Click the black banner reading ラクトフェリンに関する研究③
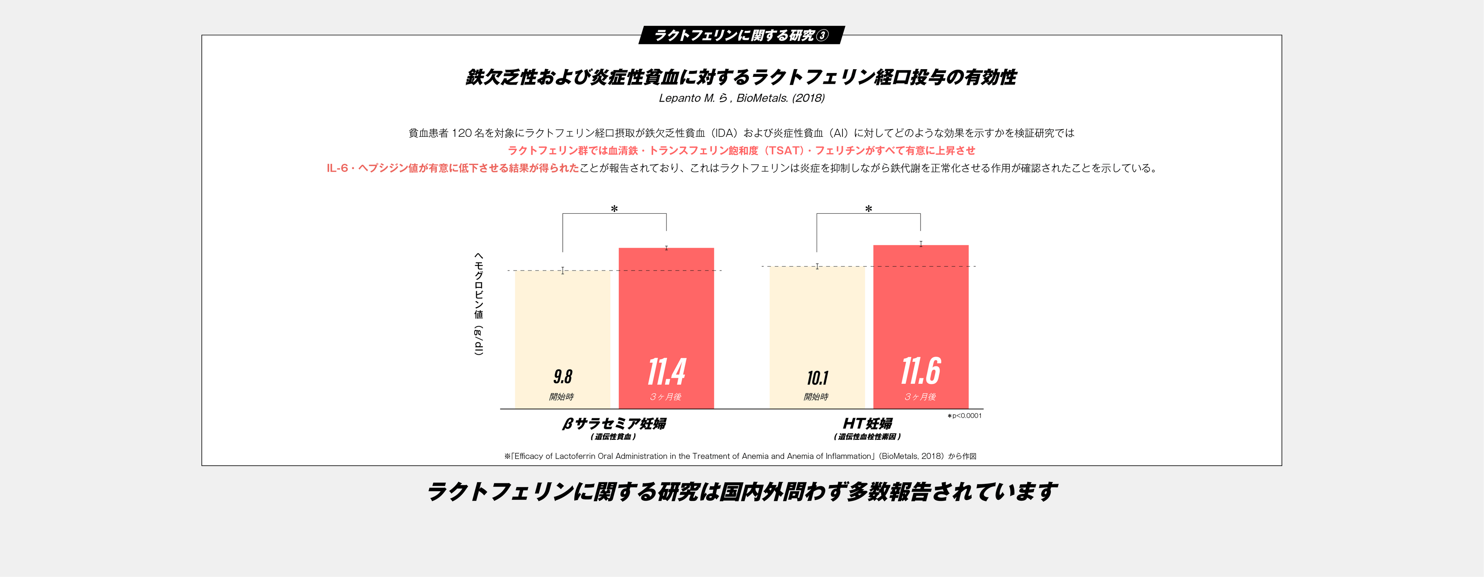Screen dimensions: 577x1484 [741, 35]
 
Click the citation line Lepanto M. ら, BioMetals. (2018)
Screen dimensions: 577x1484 [742, 98]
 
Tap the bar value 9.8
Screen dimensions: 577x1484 [562, 376]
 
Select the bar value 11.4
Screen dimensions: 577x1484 [667, 372]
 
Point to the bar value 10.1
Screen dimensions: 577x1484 [817, 378]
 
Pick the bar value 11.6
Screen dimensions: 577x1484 [921, 371]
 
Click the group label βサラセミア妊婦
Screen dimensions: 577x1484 [614, 424]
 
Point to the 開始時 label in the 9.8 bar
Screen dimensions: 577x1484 [561, 397]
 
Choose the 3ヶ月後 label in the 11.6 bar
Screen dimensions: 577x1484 [920, 397]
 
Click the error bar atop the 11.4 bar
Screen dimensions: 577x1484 [667, 248]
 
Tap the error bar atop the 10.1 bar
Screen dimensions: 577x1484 [817, 266]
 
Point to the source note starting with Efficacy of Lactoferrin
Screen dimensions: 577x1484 [740, 456]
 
